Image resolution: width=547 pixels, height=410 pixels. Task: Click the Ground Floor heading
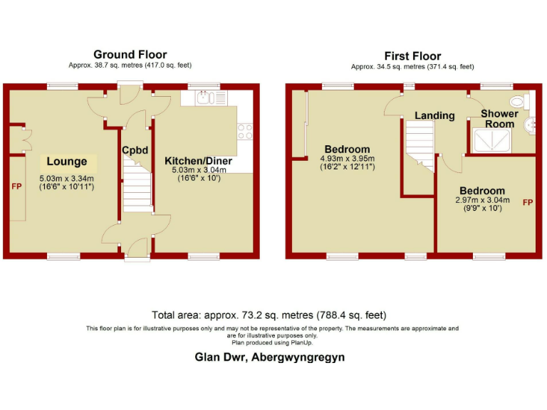pyautogui.click(x=130, y=54)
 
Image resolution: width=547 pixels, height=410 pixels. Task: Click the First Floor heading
pyautogui.click(x=412, y=56)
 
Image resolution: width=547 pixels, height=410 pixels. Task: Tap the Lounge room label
pyautogui.click(x=67, y=162)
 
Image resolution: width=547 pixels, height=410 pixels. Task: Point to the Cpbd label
pyautogui.click(x=135, y=150)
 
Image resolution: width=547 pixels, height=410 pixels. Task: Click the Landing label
pyautogui.click(x=434, y=115)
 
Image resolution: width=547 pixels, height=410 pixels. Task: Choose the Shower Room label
pyautogui.click(x=499, y=119)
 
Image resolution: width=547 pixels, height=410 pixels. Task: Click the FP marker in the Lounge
pyautogui.click(x=16, y=186)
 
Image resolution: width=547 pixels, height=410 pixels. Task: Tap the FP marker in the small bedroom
pyautogui.click(x=528, y=203)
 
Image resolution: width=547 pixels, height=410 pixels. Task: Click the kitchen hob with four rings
pyautogui.click(x=245, y=131)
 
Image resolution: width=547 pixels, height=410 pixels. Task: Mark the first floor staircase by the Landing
pyautogui.click(x=420, y=147)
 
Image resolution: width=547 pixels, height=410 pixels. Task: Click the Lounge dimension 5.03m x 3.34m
pyautogui.click(x=66, y=178)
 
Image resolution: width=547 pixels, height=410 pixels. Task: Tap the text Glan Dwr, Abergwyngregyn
pyautogui.click(x=270, y=357)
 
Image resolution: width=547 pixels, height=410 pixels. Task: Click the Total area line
pyautogui.click(x=270, y=315)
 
